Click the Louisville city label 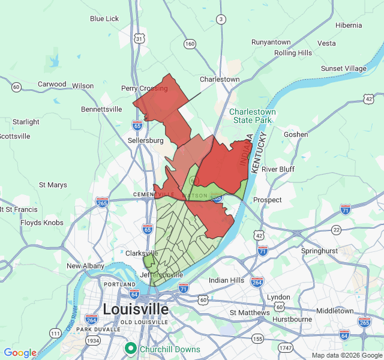[136, 309]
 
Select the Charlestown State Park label [253, 116]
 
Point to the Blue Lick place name [104, 19]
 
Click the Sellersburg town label [146, 140]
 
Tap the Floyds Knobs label [41, 223]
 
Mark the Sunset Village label [343, 68]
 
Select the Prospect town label [267, 200]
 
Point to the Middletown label [335, 311]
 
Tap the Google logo [20, 353]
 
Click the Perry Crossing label [145, 88]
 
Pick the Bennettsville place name [101, 109]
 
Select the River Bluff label [278, 169]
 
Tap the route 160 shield [190, 43]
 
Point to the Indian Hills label [226, 280]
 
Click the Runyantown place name [271, 42]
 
